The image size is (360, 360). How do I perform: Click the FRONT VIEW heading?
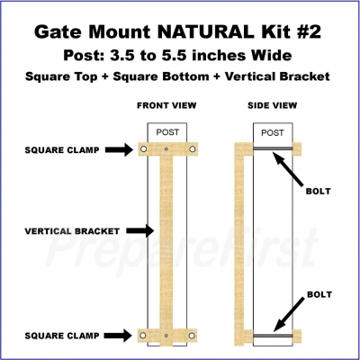click(166, 105)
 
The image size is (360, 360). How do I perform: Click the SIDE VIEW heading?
click(272, 105)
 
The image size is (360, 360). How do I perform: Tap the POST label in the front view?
click(167, 132)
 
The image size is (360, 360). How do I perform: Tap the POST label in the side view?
click(273, 132)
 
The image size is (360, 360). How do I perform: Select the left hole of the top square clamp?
click(144, 148)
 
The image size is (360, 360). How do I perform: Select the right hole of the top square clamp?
click(192, 148)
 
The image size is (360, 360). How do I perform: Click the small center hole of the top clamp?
click(166, 148)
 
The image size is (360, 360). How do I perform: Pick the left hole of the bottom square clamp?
click(143, 335)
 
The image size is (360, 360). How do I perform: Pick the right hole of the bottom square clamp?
click(192, 335)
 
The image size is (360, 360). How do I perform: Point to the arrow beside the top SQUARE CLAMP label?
click(119, 149)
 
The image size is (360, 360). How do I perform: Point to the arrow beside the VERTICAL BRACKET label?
click(140, 230)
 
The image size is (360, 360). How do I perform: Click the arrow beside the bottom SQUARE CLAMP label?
click(118, 336)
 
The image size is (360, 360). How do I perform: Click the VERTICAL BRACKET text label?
click(72, 231)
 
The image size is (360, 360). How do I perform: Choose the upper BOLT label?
click(319, 191)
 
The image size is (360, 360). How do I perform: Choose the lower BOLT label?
click(319, 294)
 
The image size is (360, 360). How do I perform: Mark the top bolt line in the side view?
click(273, 148)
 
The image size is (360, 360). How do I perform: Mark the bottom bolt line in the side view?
click(273, 336)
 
